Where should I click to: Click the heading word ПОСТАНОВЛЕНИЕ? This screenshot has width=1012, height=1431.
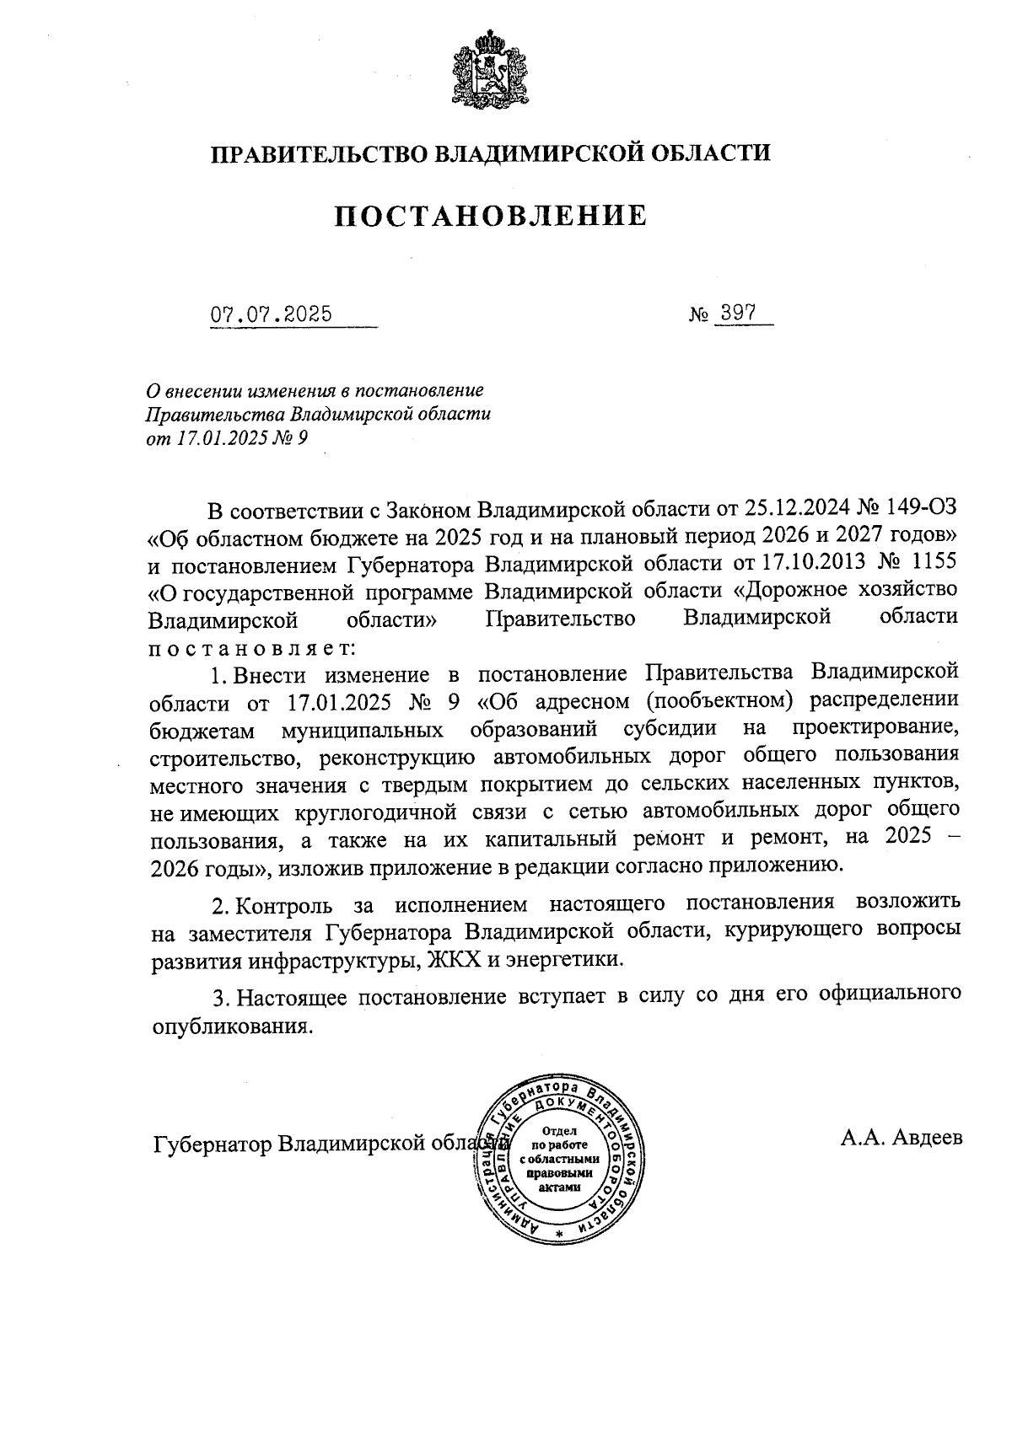(491, 217)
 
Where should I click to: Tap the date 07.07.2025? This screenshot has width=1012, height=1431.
(271, 315)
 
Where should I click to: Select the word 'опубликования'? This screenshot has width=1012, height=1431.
(228, 1026)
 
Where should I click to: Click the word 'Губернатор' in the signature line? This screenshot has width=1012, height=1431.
(213, 1145)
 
